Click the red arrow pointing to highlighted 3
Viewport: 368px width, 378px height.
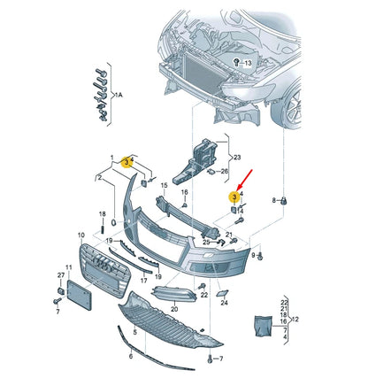click(245, 179)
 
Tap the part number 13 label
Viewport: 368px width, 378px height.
click(248, 63)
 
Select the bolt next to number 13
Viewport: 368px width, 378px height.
click(236, 63)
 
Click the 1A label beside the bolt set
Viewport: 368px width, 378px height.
click(119, 95)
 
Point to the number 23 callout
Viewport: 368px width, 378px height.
click(237, 158)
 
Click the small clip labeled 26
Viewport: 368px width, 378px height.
click(211, 172)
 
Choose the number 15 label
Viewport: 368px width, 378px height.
click(164, 185)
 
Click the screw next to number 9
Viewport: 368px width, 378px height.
click(260, 256)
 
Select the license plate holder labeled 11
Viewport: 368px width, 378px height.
click(80, 295)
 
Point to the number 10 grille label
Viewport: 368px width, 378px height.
click(81, 235)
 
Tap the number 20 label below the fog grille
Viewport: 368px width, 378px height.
click(174, 309)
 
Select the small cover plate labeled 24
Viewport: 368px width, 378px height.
click(221, 293)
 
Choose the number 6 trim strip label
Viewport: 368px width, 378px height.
click(131, 356)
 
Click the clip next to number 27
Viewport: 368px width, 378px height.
click(61, 291)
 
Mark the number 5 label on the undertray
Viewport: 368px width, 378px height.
click(135, 333)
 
